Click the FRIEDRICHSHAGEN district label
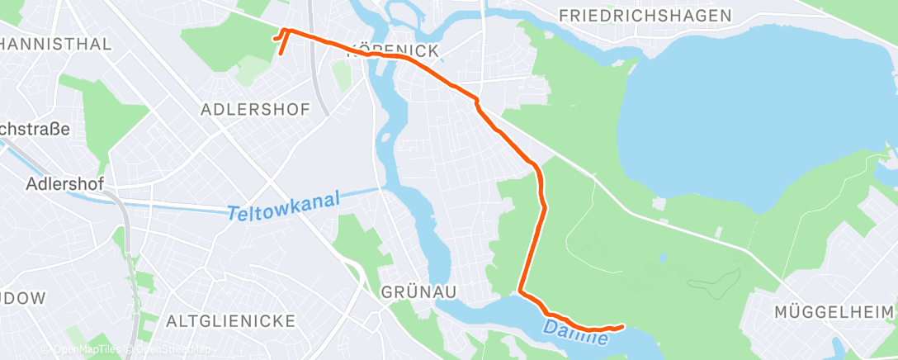(x=645, y=16)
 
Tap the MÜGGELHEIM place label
(x=834, y=312)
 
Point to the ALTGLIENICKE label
(x=217, y=320)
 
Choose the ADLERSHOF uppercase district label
(x=256, y=109)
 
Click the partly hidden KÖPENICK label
(x=393, y=51)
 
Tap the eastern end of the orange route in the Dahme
(x=622, y=327)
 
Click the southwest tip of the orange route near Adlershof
(x=280, y=54)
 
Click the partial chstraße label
(x=33, y=129)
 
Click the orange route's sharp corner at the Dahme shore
(x=520, y=291)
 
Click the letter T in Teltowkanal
(x=232, y=212)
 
